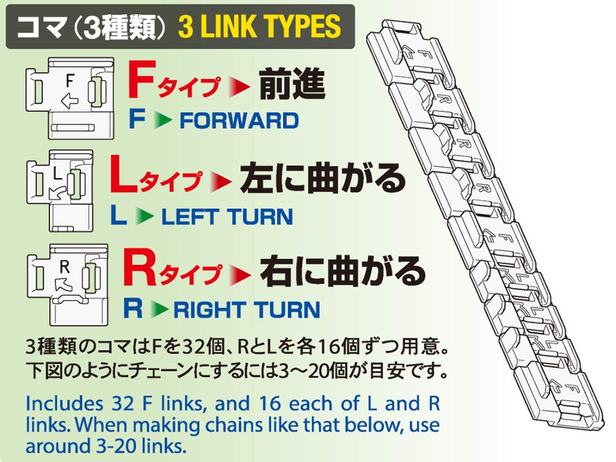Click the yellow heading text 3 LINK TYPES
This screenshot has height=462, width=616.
pos(259,26)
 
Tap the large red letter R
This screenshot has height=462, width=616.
pos(138,270)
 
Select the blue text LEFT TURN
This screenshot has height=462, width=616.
pos(227,216)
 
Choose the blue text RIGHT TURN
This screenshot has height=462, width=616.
pos(247,309)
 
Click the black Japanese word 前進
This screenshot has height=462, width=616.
pos(292,86)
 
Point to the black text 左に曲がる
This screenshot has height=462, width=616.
pos(322,178)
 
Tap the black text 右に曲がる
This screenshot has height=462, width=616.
pos(342,272)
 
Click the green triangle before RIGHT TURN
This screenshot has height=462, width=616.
pos(162,309)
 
